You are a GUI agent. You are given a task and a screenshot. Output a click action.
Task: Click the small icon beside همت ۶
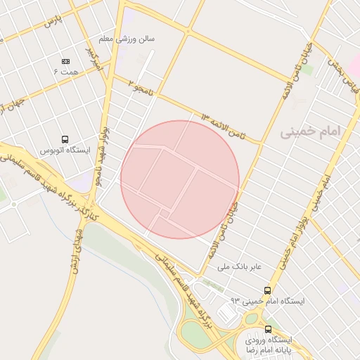pyautogui.click(x=66, y=62)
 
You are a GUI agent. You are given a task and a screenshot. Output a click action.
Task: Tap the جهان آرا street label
pyautogui.click(x=13, y=105)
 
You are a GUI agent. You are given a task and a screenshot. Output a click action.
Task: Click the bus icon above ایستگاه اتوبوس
pyautogui.click(x=65, y=139)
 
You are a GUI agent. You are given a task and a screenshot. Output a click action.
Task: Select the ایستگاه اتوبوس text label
pyautogui.click(x=62, y=150)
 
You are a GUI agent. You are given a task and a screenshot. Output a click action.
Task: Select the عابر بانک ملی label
pyautogui.click(x=238, y=267)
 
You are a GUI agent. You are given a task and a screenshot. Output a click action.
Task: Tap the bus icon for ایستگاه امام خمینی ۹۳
pyautogui.click(x=267, y=290)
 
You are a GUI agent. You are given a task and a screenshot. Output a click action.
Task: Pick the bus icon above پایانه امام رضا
pyautogui.click(x=268, y=329)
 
